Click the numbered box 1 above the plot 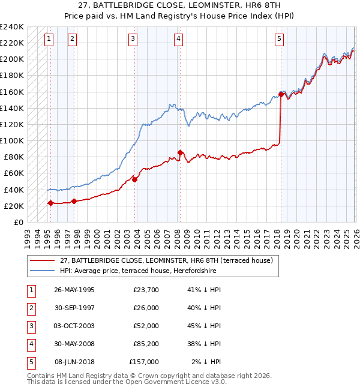49,40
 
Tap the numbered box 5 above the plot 280,40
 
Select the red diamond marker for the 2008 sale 180,152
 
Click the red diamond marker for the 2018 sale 281,94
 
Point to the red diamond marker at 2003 134,179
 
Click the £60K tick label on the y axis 14,173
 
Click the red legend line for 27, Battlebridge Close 43,260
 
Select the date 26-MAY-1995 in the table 74,290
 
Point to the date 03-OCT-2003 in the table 74,326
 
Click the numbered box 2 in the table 29,308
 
